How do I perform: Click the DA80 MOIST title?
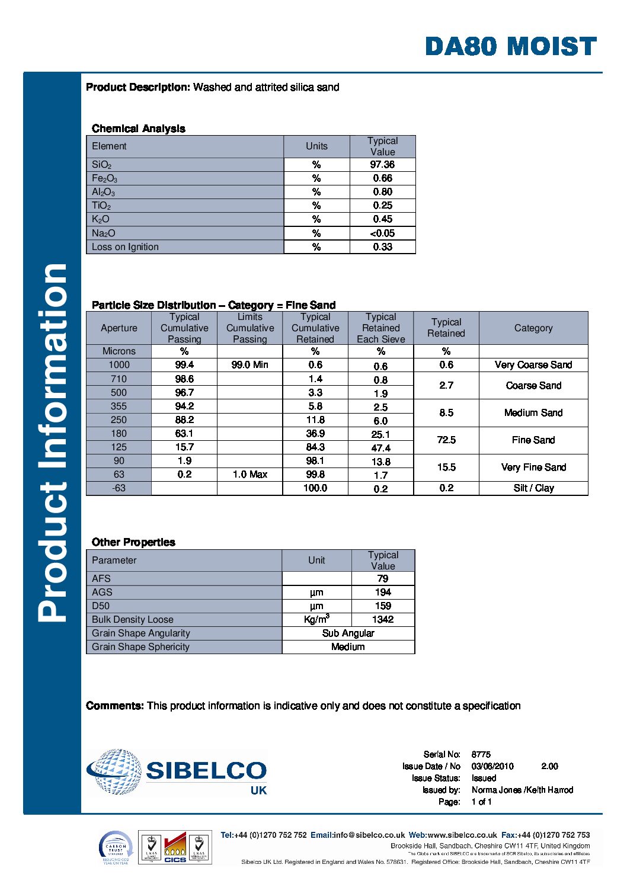click(x=510, y=46)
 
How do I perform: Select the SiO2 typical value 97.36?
click(x=382, y=165)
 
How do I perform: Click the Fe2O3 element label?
click(x=105, y=178)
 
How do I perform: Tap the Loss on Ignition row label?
click(x=125, y=247)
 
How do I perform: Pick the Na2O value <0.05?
click(x=382, y=233)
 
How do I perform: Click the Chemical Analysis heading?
click(x=138, y=129)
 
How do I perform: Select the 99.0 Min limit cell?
click(x=249, y=365)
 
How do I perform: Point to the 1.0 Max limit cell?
click(x=249, y=475)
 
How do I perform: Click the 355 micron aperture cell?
click(x=119, y=406)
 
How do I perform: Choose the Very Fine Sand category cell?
click(x=533, y=467)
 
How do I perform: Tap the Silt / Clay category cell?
click(x=533, y=488)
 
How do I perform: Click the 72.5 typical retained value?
click(x=446, y=440)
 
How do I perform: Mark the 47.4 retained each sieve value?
click(x=380, y=448)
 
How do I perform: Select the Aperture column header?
click(x=119, y=328)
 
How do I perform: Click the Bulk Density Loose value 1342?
click(x=383, y=620)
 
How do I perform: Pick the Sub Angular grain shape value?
click(x=348, y=633)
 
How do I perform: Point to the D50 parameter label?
click(x=101, y=606)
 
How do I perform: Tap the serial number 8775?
click(x=481, y=754)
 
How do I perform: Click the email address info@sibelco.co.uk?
click(x=369, y=835)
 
